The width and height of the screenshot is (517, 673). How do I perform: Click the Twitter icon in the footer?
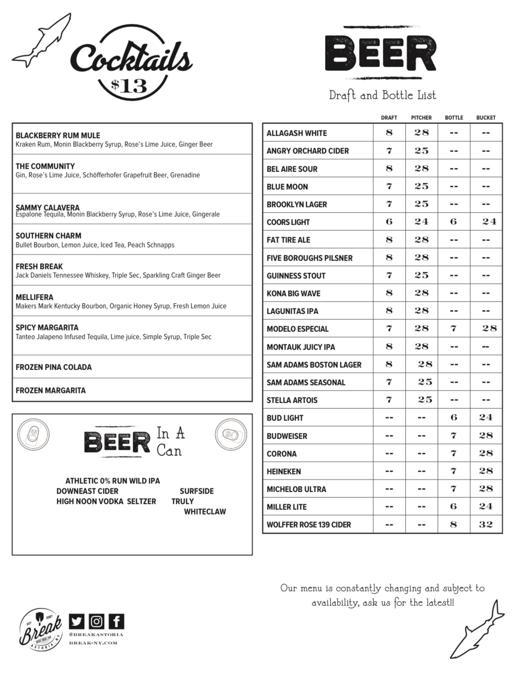click(x=77, y=621)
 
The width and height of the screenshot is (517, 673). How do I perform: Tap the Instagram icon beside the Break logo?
click(x=96, y=621)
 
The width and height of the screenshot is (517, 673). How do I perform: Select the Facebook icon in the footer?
click(x=116, y=621)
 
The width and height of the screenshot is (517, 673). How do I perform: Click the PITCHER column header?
click(x=421, y=118)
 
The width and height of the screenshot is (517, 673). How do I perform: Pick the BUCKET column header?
click(x=486, y=118)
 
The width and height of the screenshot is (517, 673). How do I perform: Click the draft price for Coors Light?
click(x=389, y=222)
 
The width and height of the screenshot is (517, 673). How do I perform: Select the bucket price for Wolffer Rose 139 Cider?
click(x=486, y=524)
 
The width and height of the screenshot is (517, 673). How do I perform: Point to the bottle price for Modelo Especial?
click(x=454, y=329)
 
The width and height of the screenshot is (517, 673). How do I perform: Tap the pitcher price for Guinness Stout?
click(x=421, y=275)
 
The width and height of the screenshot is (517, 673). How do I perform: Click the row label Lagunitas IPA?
click(x=292, y=311)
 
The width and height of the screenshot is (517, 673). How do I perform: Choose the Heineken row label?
click(x=284, y=472)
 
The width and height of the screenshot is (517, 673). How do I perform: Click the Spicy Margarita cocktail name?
click(x=47, y=328)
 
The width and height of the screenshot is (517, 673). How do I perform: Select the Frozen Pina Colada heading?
click(x=54, y=367)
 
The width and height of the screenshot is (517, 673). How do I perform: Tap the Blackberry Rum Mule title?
click(x=58, y=136)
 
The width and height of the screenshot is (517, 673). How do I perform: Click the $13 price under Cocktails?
click(x=129, y=86)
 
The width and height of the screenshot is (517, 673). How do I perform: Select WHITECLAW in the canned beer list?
click(x=205, y=512)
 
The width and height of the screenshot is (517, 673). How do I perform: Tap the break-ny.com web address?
click(x=93, y=643)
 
